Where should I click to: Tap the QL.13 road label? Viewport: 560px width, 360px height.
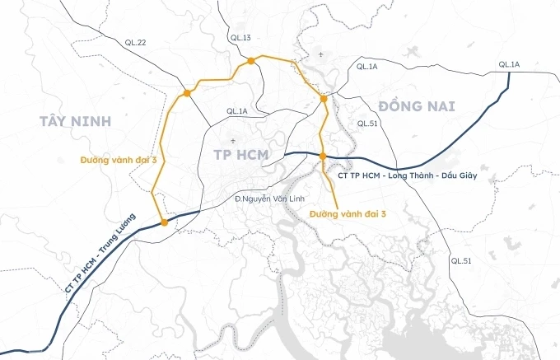pos(240,38)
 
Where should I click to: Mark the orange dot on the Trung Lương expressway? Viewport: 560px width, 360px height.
pos(165,222)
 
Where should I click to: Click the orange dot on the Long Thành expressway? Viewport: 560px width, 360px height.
pos(323,157)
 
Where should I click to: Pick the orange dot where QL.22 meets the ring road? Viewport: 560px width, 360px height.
pos(188,93)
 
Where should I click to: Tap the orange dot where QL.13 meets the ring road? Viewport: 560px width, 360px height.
pos(249,60)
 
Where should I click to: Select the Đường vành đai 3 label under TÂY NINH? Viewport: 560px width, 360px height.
pos(119,158)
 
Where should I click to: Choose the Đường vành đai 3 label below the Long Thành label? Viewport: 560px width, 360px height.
pos(348,213)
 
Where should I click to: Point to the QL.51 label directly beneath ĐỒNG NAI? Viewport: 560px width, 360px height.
pos(367,124)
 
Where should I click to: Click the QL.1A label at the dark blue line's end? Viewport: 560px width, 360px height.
pos(509,64)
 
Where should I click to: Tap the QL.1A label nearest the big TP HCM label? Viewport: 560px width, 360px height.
pos(237,111)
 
